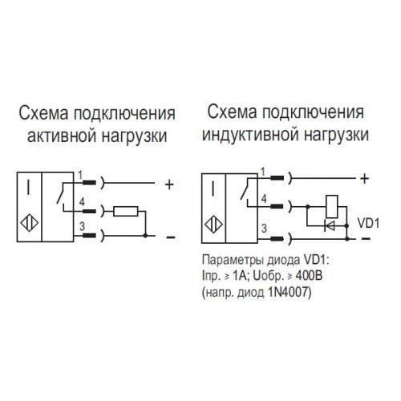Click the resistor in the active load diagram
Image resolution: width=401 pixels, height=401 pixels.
[126, 211]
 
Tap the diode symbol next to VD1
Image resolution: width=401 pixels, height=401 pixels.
[330, 226]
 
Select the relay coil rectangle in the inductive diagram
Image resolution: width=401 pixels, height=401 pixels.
[331, 207]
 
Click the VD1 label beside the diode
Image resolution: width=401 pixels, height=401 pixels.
[368, 224]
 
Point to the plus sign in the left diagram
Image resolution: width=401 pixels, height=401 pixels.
[169, 184]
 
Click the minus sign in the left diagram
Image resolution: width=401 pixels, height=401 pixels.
[171, 237]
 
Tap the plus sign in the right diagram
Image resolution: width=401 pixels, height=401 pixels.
[364, 179]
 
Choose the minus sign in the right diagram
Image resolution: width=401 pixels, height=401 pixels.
[366, 239]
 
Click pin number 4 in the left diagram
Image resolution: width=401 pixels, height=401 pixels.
[82, 202]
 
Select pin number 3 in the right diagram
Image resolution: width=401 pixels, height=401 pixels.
[264, 228]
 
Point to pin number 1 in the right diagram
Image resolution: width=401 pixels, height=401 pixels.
[263, 172]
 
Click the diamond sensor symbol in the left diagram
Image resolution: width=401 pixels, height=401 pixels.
[30, 223]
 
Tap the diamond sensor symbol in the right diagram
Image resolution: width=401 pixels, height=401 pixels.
[214, 225]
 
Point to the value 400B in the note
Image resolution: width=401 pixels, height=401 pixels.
[309, 276]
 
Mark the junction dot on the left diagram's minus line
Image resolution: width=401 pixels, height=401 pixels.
[145, 236]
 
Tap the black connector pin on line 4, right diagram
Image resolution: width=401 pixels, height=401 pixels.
[277, 206]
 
